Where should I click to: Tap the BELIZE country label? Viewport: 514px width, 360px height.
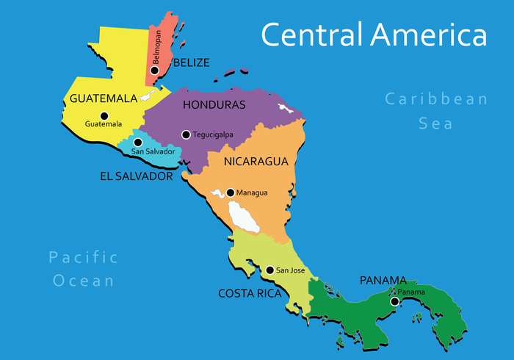pos(191,62)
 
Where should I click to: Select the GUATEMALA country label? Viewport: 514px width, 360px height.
pos(104,98)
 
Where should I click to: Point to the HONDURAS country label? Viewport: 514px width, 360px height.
pos(214,104)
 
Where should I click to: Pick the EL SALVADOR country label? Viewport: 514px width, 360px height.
pos(137,176)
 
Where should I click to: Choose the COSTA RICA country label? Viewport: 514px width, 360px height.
pos(250,293)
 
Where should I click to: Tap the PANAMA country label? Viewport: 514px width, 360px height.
pos(383,280)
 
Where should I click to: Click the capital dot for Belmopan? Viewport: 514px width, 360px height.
pos(154,71)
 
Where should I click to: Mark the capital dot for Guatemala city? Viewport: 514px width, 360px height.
pos(104,115)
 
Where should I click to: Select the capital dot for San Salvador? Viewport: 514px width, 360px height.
pos(137,142)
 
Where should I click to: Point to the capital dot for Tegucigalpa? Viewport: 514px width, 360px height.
pos(186,134)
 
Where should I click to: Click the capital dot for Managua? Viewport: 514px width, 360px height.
pos(230,192)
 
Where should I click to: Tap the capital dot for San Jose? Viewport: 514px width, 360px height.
pos(269,270)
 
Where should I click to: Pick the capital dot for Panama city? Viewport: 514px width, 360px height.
pos(394,301)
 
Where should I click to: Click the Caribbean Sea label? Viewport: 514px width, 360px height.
pos(436,111)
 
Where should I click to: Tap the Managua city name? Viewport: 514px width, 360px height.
pos(252,192)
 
